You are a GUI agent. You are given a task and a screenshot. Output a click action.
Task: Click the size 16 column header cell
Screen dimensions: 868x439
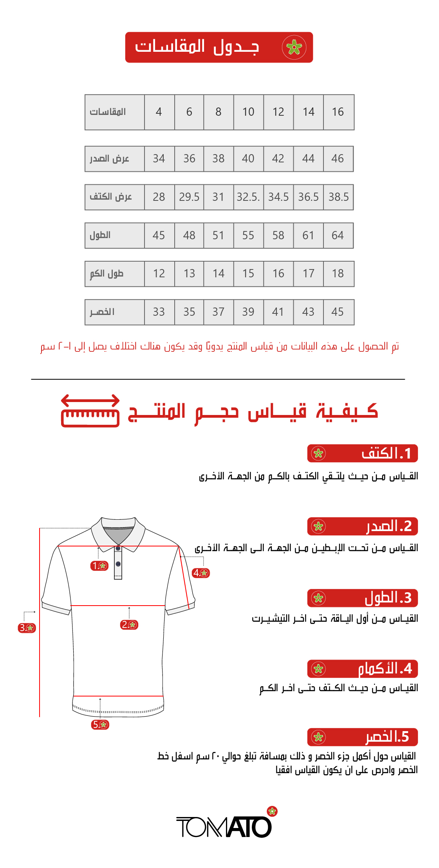point(338,112)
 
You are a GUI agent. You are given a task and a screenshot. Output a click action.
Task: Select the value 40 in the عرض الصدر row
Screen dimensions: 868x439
point(248,159)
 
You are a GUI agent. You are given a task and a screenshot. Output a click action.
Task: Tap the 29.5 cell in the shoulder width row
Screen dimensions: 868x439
point(189,197)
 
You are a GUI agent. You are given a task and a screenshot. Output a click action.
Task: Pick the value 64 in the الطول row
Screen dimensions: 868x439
point(338,235)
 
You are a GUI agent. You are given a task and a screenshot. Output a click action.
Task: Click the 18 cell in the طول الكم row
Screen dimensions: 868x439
point(338,273)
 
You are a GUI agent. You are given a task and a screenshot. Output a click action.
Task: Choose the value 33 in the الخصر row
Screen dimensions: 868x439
point(159,312)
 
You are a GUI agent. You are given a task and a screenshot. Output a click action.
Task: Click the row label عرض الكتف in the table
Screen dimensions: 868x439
point(111,197)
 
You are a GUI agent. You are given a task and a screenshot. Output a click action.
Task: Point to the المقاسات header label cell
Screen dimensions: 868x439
point(108,112)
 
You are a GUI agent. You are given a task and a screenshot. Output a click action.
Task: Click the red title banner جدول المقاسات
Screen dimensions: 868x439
point(219,47)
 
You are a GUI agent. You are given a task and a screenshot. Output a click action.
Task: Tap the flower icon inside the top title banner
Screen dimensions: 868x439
point(294,47)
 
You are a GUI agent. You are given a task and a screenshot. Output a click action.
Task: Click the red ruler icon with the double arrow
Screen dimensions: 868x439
point(90,411)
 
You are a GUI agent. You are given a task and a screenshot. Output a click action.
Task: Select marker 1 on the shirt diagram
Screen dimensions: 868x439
point(99,566)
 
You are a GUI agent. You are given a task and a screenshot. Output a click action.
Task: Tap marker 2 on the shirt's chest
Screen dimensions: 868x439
point(129,624)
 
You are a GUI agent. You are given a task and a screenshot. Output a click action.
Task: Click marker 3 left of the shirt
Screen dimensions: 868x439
point(27,628)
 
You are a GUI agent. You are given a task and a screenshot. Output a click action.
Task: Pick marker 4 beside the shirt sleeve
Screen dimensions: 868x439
point(201,573)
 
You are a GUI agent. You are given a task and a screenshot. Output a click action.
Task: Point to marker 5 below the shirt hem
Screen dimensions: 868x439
point(100,724)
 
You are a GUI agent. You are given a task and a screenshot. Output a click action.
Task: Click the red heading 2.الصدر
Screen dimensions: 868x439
point(362,526)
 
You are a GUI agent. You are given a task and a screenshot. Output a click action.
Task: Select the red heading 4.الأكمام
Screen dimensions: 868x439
point(362,669)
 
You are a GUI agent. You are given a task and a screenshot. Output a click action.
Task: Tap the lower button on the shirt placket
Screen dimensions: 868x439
point(118,564)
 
